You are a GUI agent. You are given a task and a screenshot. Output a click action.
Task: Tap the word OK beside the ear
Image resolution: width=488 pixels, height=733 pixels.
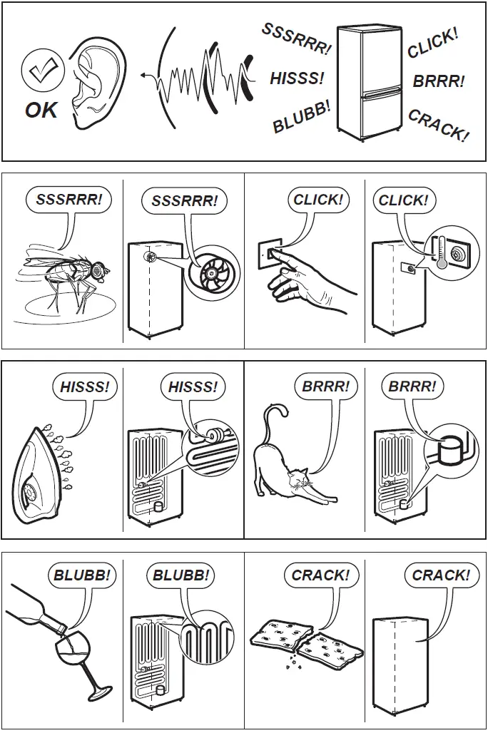(x=41, y=111)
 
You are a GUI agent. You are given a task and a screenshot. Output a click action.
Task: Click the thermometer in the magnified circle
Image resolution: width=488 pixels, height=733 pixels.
(x=442, y=253)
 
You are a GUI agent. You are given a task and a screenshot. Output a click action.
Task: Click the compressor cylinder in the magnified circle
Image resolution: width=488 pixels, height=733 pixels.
(x=450, y=451)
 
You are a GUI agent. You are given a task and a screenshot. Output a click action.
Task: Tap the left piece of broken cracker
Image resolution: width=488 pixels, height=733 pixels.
(x=275, y=634)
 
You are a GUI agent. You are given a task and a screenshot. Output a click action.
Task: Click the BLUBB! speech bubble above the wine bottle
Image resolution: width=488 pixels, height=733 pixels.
(x=82, y=575)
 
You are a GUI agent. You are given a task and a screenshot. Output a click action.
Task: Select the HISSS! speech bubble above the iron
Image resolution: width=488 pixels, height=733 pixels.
(x=85, y=387)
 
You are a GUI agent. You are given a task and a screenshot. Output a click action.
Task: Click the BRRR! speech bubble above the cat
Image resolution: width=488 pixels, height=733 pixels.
(x=326, y=387)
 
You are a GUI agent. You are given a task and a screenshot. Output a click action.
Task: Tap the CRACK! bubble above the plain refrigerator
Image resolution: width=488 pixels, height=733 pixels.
(x=441, y=575)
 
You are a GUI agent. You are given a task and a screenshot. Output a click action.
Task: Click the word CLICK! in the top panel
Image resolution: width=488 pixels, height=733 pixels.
(x=432, y=44)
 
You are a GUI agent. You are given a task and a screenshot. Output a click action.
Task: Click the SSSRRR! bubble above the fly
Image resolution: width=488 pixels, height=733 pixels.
(x=69, y=200)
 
